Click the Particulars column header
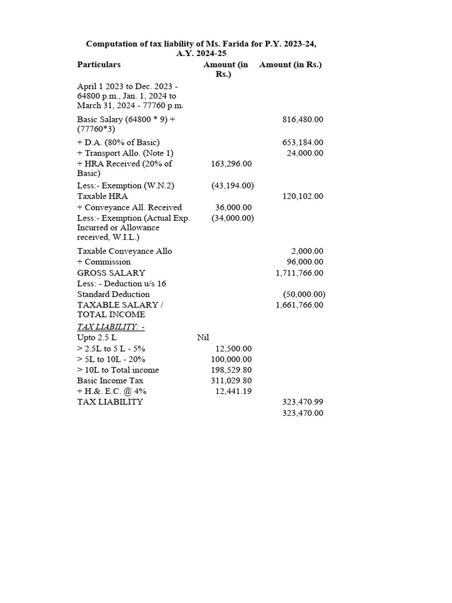(x=99, y=65)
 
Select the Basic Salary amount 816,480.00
(x=303, y=120)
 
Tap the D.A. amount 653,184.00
(x=303, y=143)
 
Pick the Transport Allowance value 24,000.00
(x=305, y=153)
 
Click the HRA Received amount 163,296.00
(x=231, y=164)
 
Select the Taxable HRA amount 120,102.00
(x=303, y=197)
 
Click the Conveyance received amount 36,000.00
(x=234, y=207)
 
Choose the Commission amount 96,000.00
(x=305, y=262)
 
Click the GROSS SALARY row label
(x=111, y=273)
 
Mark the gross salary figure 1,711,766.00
(x=300, y=273)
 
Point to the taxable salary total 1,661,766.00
(x=300, y=305)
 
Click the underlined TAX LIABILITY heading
(x=111, y=327)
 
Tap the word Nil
(x=203, y=337)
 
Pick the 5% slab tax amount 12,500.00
(x=234, y=349)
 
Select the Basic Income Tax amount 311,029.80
(x=231, y=381)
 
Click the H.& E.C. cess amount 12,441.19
(x=234, y=392)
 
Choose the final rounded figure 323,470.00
(x=303, y=413)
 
